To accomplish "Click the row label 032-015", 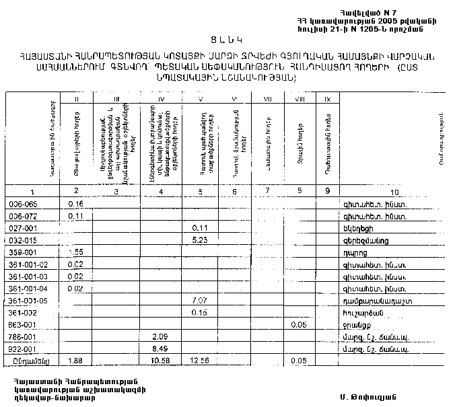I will pos(23,240).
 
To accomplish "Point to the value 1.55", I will pos(76,252).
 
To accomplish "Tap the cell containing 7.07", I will pos(199,299).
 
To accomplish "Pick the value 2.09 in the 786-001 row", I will pos(160,335).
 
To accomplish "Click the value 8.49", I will pos(160,348).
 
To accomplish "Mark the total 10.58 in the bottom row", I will pos(160,361).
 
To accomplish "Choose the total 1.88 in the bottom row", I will pos(76,361).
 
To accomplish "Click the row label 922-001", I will pos(23,348).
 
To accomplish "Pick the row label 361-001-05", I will pos(28,300).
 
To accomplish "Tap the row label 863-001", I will pos(23,324).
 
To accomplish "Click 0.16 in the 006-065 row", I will pos(76,203).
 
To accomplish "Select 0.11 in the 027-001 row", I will pos(199,228).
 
